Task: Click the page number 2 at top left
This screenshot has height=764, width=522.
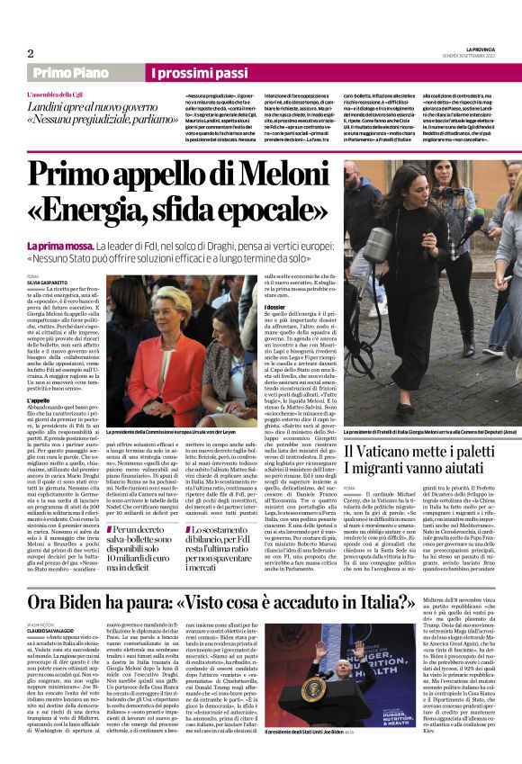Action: point(31,53)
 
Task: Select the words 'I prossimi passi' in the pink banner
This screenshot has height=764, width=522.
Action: point(199,73)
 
